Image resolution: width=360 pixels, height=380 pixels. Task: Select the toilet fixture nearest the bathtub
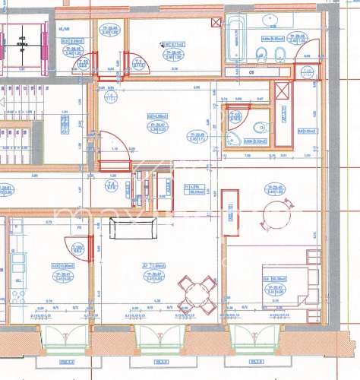click(261, 53)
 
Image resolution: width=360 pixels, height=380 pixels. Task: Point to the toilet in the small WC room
click(232, 138)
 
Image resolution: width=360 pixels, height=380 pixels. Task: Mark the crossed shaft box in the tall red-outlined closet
click(283, 92)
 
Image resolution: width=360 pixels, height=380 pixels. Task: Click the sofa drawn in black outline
click(132, 227)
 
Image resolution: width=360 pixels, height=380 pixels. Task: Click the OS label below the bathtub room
click(251, 72)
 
